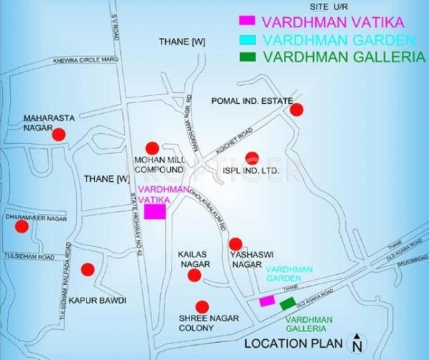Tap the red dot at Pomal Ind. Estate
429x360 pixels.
296,110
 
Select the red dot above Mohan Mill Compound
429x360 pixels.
152,147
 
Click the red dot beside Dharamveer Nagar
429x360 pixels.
22,226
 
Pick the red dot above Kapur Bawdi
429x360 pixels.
87,270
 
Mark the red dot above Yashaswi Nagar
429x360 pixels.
236,244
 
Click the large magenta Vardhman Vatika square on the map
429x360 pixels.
155,211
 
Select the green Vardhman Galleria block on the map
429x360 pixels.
287,303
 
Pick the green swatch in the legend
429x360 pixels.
247,56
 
